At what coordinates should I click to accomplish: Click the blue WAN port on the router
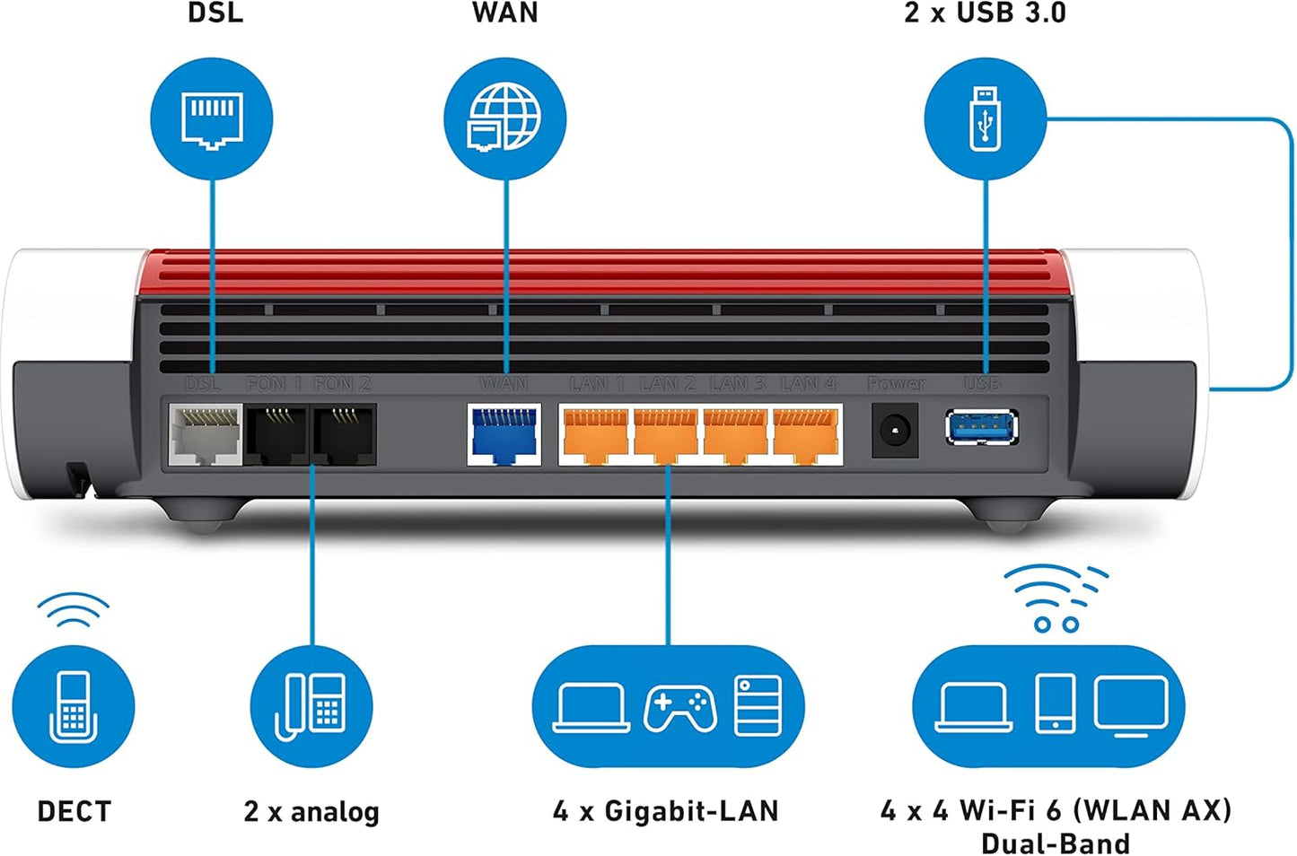tap(504, 434)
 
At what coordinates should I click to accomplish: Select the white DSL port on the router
tap(206, 434)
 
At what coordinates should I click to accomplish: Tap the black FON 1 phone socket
tap(277, 434)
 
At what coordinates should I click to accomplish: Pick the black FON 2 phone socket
tap(344, 434)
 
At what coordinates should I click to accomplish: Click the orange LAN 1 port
tap(595, 434)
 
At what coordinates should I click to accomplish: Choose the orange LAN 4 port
tap(806, 434)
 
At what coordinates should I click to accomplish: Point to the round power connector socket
tap(895, 432)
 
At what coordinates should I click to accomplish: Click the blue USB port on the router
tap(981, 427)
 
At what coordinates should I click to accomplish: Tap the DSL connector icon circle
tap(212, 119)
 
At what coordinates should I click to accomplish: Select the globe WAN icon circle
tap(505, 119)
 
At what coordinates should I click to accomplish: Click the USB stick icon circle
tap(986, 119)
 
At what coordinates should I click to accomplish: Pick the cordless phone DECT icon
tap(74, 706)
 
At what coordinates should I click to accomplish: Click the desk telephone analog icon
tap(311, 706)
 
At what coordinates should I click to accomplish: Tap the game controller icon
tap(679, 708)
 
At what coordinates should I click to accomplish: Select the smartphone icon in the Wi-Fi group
tap(1055, 703)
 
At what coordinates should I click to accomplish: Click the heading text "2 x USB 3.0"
tap(985, 13)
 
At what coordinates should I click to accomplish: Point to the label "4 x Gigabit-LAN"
tap(666, 811)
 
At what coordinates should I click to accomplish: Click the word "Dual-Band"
tap(1056, 843)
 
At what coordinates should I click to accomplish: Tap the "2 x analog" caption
tap(311, 811)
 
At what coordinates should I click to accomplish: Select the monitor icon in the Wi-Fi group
tap(1131, 705)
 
